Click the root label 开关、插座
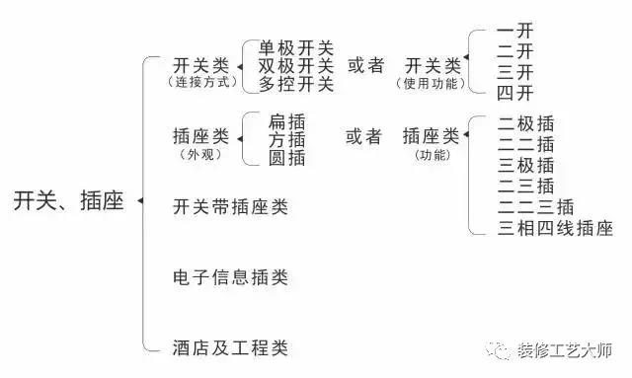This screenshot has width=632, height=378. tap(68, 201)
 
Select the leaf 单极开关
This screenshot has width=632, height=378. tap(297, 47)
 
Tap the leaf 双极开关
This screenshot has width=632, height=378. tap(297, 66)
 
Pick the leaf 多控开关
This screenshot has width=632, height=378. tap(297, 84)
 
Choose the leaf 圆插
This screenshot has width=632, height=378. tap(286, 158)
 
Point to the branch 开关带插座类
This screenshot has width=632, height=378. tap(230, 207)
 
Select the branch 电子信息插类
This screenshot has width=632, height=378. tap(230, 277)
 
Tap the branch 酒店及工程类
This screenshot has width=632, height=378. tap(230, 346)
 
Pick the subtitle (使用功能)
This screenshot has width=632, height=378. tap(432, 82)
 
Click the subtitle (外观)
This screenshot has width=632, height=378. tap(198, 155)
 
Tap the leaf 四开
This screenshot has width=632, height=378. tap(516, 93)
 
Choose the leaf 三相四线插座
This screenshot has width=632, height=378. tap(556, 230)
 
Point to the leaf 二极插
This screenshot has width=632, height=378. tap(526, 123)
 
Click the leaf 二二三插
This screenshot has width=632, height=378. tap(536, 208)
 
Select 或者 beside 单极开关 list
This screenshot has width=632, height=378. tap(365, 65)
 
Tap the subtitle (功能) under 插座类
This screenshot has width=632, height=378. tap(432, 155)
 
